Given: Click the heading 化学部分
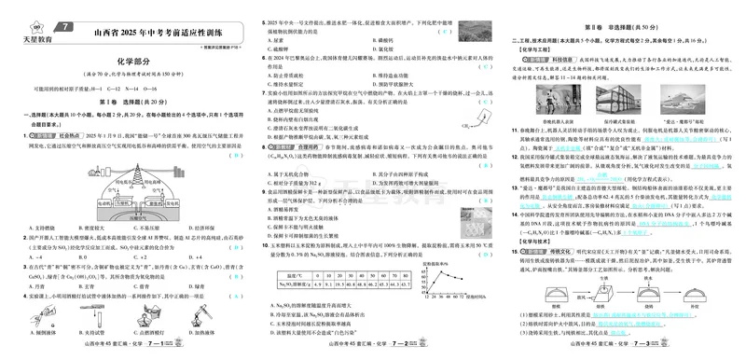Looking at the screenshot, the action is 134,62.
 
